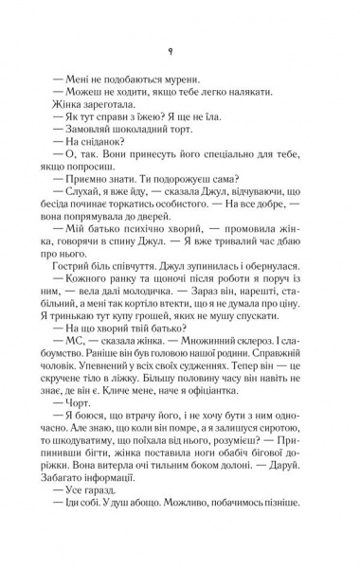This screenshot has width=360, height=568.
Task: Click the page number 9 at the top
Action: tap(180, 53)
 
